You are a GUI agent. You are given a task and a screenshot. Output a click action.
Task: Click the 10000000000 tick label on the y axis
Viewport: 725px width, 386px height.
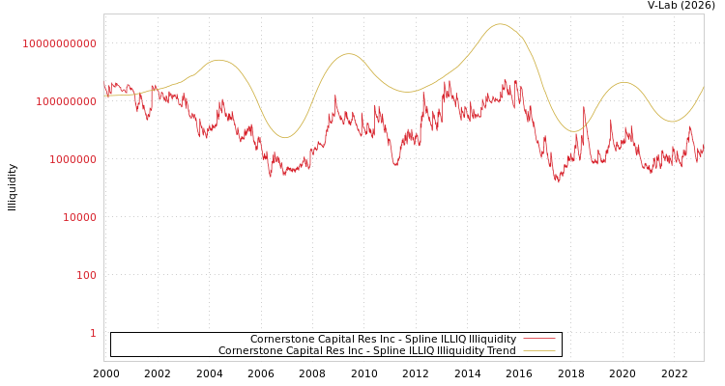coord(59,43)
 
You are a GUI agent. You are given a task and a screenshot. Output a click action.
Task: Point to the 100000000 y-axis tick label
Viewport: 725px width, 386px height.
coord(64,101)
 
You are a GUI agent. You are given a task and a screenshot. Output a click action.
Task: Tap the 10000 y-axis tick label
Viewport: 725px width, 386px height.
coord(79,217)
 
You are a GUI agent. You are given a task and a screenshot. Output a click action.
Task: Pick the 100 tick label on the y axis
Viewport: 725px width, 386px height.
coord(86,275)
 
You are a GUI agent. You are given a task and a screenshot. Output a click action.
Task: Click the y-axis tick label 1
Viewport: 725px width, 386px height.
coord(93,333)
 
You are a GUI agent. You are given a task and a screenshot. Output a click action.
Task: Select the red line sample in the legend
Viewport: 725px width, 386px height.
coord(538,339)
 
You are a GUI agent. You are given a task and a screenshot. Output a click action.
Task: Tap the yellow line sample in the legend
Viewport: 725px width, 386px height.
coord(538,350)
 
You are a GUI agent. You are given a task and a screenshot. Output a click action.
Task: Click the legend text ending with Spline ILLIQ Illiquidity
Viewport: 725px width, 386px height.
coord(383,339)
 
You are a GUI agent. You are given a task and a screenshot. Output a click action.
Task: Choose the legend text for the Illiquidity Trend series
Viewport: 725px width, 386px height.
coord(366,350)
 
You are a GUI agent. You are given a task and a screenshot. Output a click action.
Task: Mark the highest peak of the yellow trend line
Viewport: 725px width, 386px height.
coord(500,24)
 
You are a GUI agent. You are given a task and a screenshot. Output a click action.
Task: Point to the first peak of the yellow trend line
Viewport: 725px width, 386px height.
coord(219,60)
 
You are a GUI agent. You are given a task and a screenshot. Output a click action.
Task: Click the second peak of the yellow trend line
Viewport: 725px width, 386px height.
coord(349,54)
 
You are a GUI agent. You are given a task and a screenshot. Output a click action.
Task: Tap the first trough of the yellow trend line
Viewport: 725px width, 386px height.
coord(284,137)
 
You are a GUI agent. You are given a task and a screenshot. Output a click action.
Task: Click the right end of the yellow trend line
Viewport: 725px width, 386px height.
coord(703,87)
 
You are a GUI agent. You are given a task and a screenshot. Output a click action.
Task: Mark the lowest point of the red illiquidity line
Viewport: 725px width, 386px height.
coord(558,181)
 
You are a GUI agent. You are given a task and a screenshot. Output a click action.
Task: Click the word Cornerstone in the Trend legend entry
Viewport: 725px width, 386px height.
coord(248,350)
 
